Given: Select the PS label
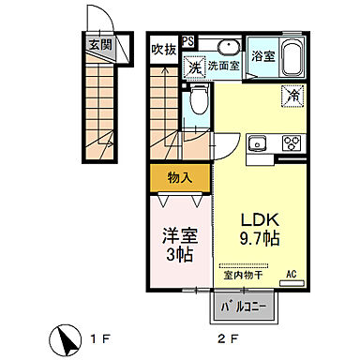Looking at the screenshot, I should point(188,41).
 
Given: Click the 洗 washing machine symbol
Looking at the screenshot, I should point(194,67).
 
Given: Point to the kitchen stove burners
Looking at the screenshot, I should point(292,144).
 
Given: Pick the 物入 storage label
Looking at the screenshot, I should point(180,176).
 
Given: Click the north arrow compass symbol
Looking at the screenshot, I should point(66,337).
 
